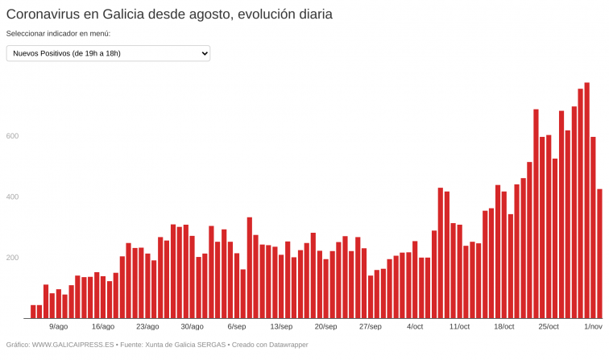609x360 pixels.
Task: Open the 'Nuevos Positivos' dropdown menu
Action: click(x=108, y=53)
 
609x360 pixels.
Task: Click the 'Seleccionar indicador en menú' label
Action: click(x=58, y=34)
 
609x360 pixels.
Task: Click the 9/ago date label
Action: click(x=58, y=327)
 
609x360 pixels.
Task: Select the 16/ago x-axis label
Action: click(x=103, y=327)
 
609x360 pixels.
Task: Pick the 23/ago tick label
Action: click(x=147, y=327)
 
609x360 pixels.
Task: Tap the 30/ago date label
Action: click(x=192, y=327)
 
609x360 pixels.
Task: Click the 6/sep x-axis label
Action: click(x=237, y=327)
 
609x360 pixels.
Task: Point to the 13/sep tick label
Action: click(x=281, y=327)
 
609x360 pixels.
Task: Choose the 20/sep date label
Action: click(x=325, y=327)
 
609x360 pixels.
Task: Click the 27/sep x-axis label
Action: click(x=370, y=327)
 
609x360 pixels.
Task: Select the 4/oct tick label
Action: click(x=415, y=327)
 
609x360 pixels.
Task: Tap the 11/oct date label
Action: click(x=459, y=327)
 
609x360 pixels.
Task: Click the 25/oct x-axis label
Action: click(x=549, y=327)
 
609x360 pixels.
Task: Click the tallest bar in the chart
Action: click(x=586, y=201)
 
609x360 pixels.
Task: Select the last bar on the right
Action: click(x=599, y=254)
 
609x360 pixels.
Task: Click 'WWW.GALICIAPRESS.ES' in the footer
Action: click(x=72, y=345)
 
